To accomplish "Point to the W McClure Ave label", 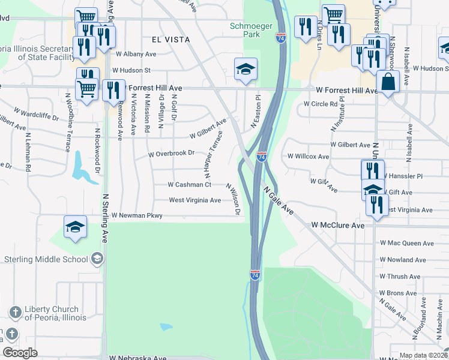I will pos(338,225).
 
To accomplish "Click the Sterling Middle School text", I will pos(46,259).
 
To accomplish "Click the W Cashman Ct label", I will pos(189,185).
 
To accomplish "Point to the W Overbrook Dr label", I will pos(172,153).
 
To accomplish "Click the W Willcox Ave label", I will pos(309,157).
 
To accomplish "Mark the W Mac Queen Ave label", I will pos(406,243).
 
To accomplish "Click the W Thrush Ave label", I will pos(402,277).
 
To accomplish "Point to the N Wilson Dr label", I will pos(234,200).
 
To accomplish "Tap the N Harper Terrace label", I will pos(214,155).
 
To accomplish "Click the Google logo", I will pos(20,353).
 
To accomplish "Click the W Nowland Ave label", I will pos(402,260).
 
